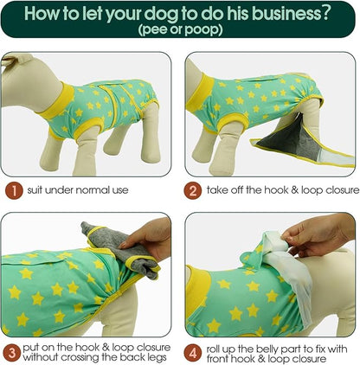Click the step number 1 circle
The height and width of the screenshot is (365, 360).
point(14,190)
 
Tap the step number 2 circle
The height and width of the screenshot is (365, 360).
point(193,190)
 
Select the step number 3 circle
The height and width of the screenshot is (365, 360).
point(11,353)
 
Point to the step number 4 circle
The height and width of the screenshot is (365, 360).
point(192,353)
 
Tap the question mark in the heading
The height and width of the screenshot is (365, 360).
point(325,13)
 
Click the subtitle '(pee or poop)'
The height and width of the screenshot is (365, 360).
point(181,29)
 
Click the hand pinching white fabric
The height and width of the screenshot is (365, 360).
point(318,234)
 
